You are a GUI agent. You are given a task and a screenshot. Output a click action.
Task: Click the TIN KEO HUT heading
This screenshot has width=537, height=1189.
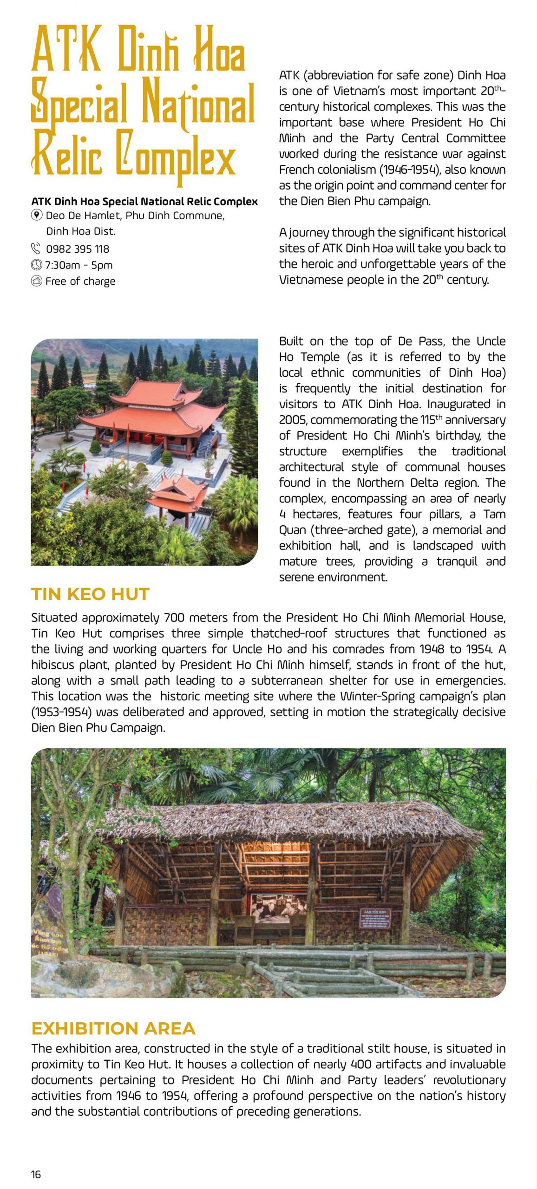[x=90, y=594]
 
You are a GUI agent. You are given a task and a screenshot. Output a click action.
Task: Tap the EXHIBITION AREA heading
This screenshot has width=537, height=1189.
[x=113, y=1028]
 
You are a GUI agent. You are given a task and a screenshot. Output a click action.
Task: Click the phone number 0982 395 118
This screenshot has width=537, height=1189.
[x=78, y=249]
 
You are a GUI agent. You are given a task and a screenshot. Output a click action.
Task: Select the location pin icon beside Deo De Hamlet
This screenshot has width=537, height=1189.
[x=37, y=215]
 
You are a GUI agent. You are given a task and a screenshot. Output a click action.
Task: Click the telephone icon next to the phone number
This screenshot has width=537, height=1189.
[x=36, y=248]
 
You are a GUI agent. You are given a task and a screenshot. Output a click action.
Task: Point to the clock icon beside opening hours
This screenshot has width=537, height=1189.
[x=36, y=265]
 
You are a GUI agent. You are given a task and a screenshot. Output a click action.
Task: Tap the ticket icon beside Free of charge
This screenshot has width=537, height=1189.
[x=36, y=281]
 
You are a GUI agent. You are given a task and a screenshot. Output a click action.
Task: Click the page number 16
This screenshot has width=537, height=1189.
[x=36, y=1175]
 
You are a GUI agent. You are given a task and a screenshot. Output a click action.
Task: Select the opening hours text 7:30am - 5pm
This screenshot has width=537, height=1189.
[x=79, y=265]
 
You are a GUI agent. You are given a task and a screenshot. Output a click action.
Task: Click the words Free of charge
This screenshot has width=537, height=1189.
[x=80, y=281]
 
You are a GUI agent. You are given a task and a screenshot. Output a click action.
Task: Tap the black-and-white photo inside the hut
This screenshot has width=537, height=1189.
[x=278, y=907]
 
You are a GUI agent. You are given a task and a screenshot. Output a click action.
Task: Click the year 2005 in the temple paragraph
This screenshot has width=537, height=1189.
[x=293, y=420]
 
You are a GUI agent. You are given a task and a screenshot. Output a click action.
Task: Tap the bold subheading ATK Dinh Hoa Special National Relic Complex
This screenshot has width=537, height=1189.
[x=144, y=202]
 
